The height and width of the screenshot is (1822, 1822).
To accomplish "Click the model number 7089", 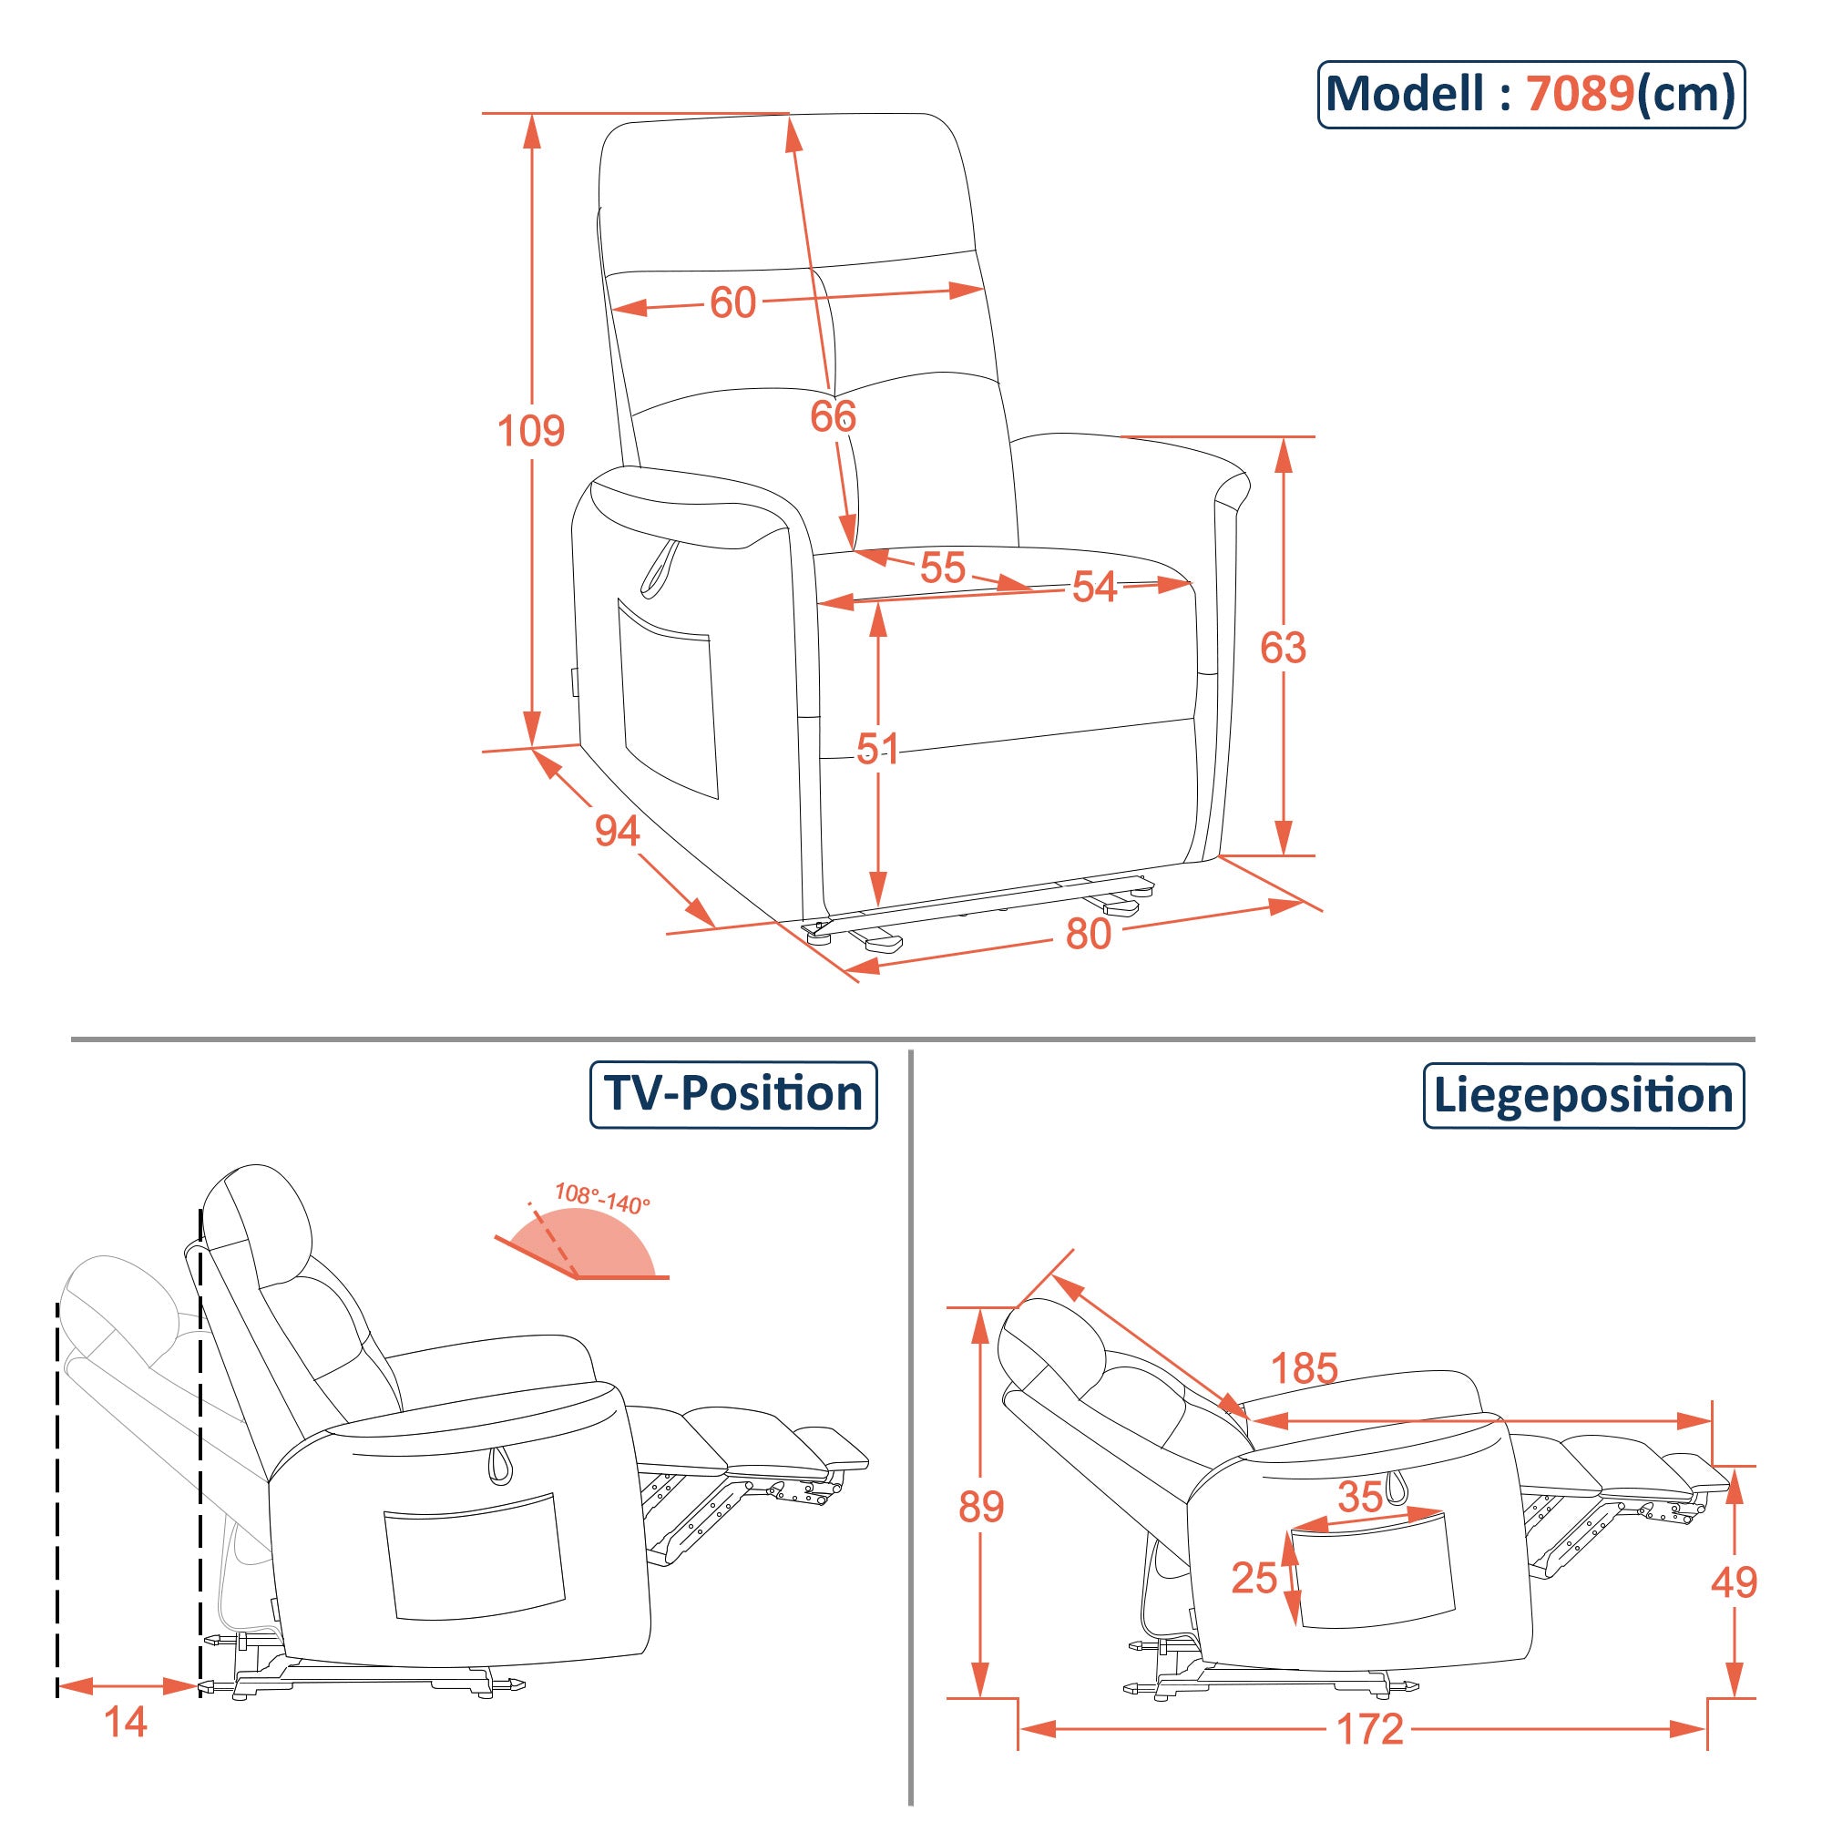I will pyautogui.click(x=1580, y=95).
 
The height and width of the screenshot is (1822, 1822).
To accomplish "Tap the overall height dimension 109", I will pyautogui.click(x=530, y=431).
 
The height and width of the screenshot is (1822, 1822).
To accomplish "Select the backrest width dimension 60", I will pyautogui.click(x=732, y=302).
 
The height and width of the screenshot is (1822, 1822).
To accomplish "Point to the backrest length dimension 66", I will pyautogui.click(x=833, y=416).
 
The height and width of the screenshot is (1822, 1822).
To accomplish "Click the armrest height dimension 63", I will pyautogui.click(x=1283, y=648).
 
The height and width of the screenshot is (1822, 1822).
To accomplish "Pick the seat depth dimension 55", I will pyautogui.click(x=942, y=568).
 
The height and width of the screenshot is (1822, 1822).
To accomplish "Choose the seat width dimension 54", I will pyautogui.click(x=1094, y=588).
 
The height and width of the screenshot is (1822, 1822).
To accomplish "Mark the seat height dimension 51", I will pyautogui.click(x=877, y=749).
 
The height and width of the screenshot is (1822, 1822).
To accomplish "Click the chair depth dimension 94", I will pyautogui.click(x=617, y=831).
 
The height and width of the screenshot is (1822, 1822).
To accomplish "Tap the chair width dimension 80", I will pyautogui.click(x=1089, y=934).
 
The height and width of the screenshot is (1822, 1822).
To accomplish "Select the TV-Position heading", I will pyautogui.click(x=732, y=1094).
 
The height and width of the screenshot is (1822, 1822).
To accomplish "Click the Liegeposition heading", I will pyautogui.click(x=1583, y=1096).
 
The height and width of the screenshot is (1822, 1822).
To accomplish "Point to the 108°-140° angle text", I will pyautogui.click(x=601, y=1198).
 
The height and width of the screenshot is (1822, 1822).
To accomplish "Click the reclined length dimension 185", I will pyautogui.click(x=1305, y=1368).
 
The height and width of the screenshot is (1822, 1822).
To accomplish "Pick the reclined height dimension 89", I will pyautogui.click(x=981, y=1507).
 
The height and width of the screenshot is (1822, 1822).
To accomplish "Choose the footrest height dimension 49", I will pyautogui.click(x=1734, y=1582).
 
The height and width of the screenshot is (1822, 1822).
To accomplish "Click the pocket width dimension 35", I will pyautogui.click(x=1360, y=1497).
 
